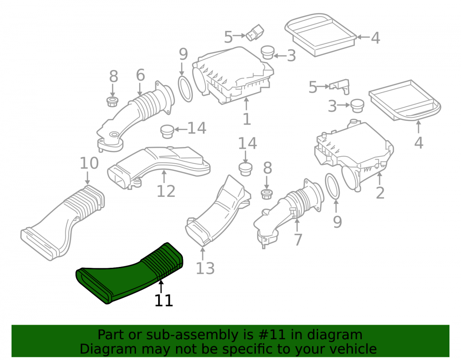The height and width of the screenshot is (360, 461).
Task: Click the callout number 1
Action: pyautogui.click(x=247, y=119)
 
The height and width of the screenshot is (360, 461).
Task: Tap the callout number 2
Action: pyautogui.click(x=380, y=193)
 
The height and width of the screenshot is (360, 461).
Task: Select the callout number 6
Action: pyautogui.click(x=141, y=75)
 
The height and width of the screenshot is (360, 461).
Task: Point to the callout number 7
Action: pyautogui.click(x=298, y=240)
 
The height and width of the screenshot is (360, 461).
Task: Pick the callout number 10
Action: pyautogui.click(x=89, y=163)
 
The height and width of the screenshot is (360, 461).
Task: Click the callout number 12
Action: pyautogui.click(x=166, y=191)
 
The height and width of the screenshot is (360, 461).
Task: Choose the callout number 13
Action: pyautogui.click(x=205, y=268)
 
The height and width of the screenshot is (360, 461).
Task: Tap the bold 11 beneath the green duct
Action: pyautogui.click(x=164, y=301)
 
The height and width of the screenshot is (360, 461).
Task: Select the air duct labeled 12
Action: pyautogui.click(x=159, y=166)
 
